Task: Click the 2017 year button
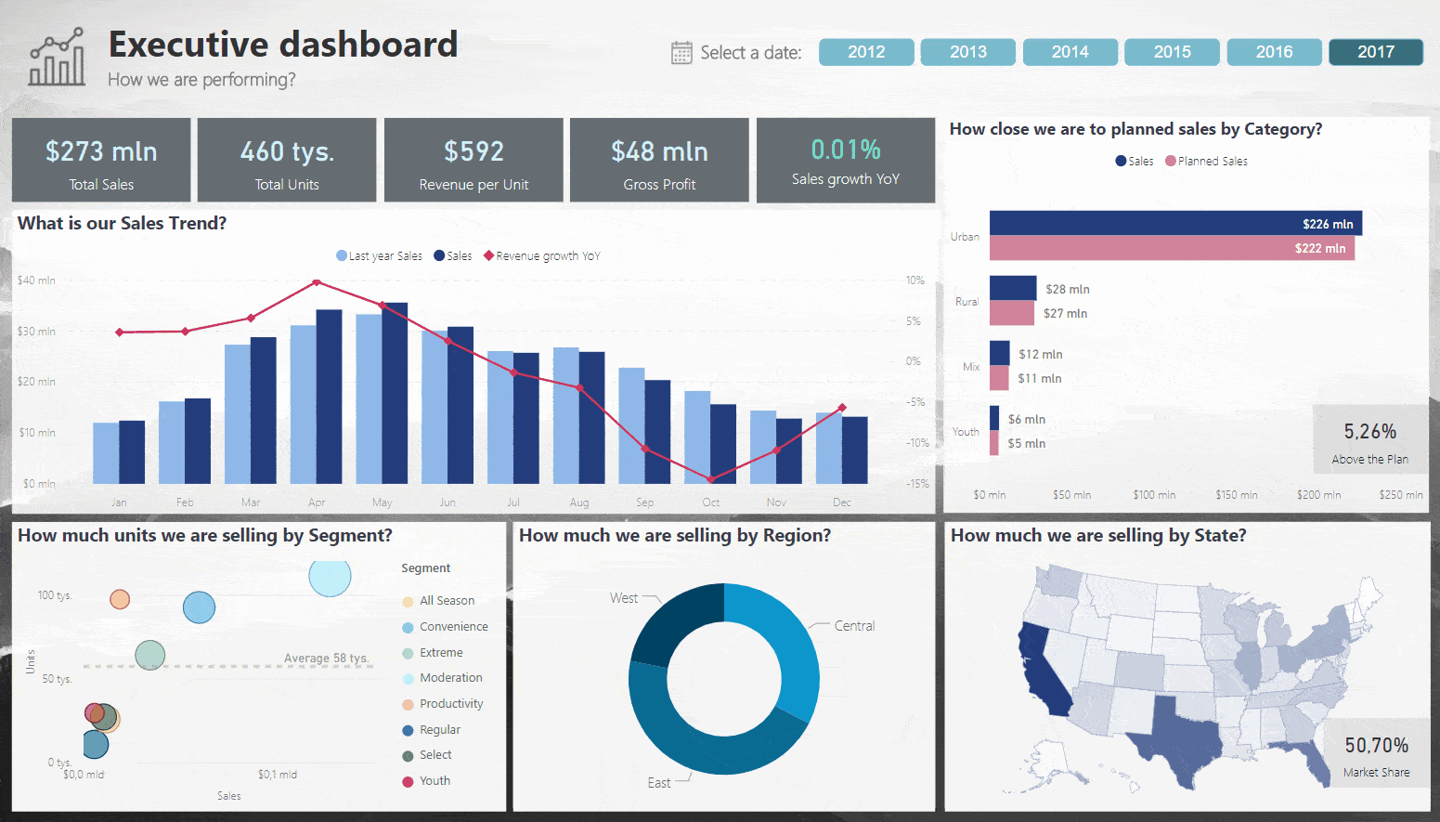coord(1375,52)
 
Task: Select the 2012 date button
coord(865,52)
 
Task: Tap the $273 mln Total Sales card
coord(101,160)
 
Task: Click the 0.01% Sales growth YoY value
coord(846,150)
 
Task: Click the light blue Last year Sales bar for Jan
coord(106,452)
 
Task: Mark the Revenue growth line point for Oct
coord(711,479)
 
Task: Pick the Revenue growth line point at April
coord(317,282)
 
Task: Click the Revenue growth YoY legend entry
coord(547,256)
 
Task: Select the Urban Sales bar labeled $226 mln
coord(1174,223)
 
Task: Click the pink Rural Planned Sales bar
coord(1011,313)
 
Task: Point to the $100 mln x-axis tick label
coord(1154,495)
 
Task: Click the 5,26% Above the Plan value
coord(1369,432)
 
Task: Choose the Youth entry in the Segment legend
coord(435,781)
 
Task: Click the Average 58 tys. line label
coord(326,659)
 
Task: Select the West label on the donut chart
coord(623,598)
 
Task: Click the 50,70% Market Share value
coord(1376,746)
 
